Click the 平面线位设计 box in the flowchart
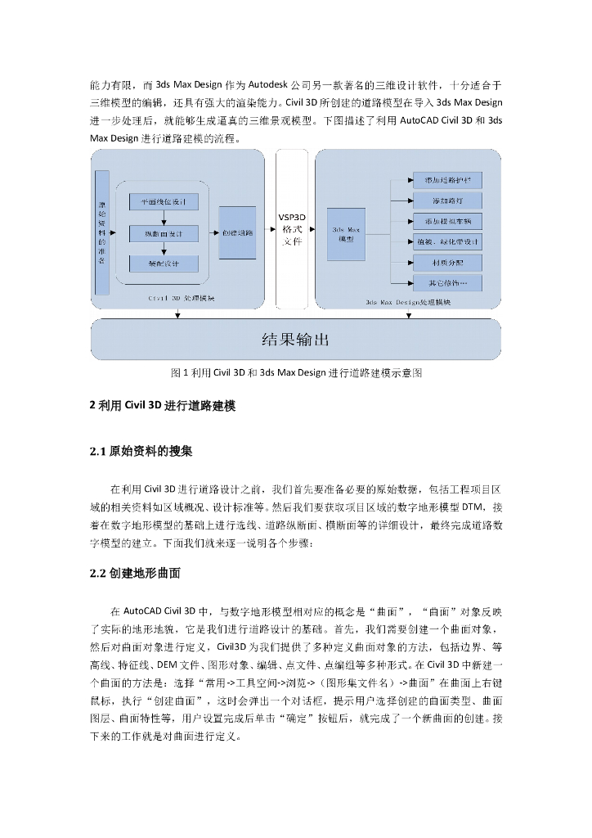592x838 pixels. (164, 202)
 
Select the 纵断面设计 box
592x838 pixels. (164, 233)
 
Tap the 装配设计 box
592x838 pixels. (164, 264)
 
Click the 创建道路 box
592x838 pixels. (237, 232)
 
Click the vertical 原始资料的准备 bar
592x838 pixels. (102, 232)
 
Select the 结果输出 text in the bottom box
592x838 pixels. (295, 339)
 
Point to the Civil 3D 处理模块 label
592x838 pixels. (182, 299)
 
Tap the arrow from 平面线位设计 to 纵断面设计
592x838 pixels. (164, 218)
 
